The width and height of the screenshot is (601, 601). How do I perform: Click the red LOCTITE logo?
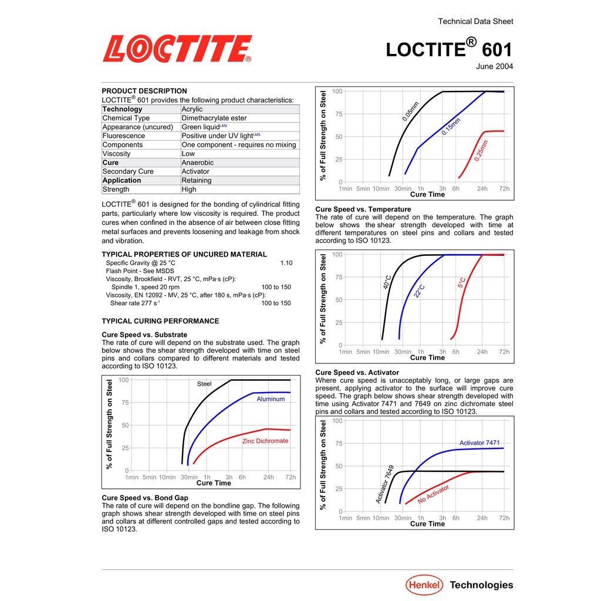tap(177, 49)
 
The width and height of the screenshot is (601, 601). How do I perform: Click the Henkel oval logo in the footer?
tap(424, 585)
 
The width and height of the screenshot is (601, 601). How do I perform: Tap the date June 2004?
tap(494, 67)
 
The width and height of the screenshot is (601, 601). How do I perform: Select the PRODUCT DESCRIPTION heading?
tap(144, 91)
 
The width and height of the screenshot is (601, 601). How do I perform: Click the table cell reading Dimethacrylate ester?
tap(214, 118)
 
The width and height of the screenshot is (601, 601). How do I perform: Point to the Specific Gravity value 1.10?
tap(286, 263)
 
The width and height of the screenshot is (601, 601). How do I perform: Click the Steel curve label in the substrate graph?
tap(204, 384)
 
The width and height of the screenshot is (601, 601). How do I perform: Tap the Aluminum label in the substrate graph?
tap(271, 399)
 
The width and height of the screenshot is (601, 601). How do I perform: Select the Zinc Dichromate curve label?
tap(265, 441)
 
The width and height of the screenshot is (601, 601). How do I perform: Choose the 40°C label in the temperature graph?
tap(387, 282)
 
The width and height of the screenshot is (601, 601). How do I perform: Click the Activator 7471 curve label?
tap(480, 443)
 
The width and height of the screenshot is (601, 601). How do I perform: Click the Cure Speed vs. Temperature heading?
tap(363, 210)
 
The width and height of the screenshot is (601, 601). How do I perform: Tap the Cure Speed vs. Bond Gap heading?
tap(145, 498)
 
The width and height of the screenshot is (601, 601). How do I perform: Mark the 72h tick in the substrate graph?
tap(291, 477)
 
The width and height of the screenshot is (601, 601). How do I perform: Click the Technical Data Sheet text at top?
tap(475, 22)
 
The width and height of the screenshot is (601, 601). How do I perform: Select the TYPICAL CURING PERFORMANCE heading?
tap(160, 321)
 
